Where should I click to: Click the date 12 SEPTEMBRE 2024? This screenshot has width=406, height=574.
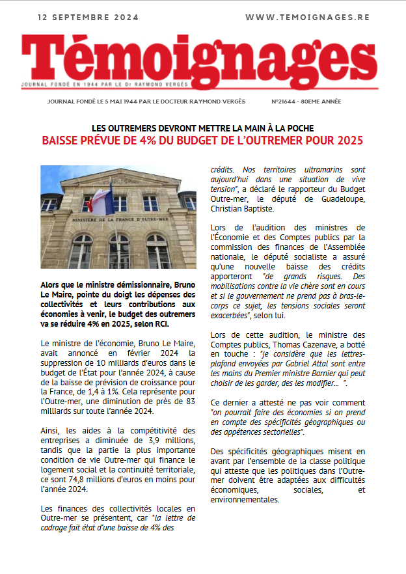click(88, 18)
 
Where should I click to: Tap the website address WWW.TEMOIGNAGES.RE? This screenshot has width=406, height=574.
click(308, 18)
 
